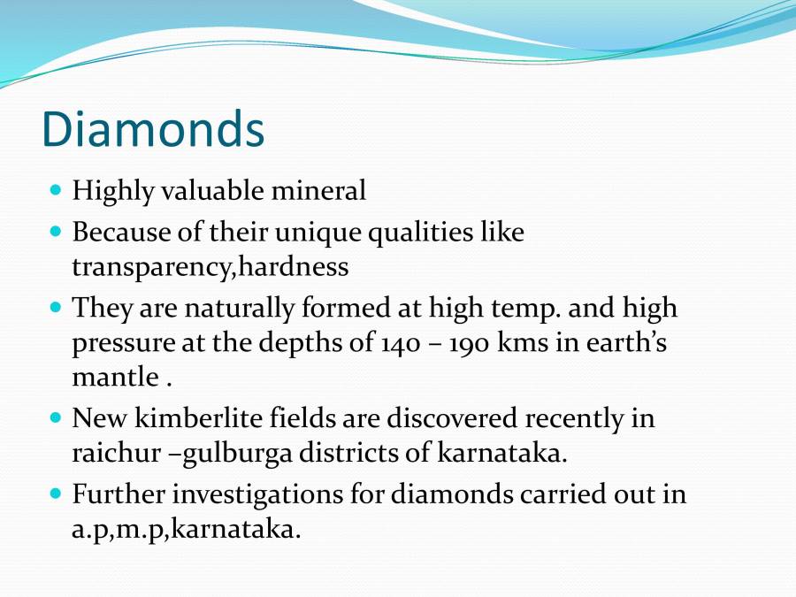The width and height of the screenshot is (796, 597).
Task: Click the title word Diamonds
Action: [x=152, y=129]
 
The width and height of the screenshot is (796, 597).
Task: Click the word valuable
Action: [x=220, y=190]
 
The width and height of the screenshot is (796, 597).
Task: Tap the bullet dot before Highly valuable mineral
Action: [x=57, y=189]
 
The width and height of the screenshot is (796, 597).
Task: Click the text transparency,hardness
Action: [x=210, y=265]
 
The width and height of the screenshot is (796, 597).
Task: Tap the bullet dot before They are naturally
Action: [x=57, y=309]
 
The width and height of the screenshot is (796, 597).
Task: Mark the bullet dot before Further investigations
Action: [x=57, y=494]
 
